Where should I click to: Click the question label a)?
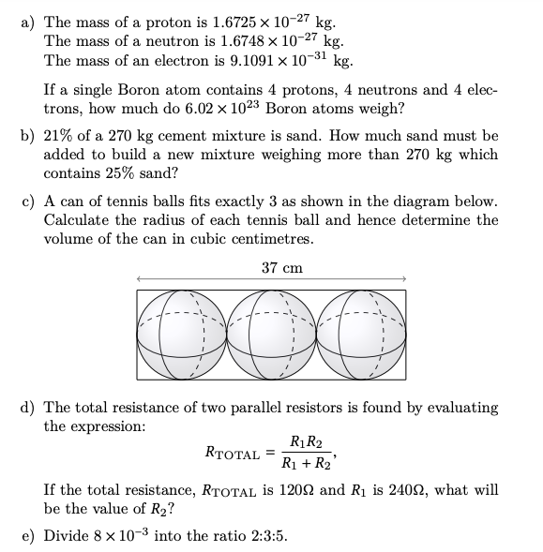click(x=28, y=22)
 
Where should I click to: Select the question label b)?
click(x=28, y=136)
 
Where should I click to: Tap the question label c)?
click(x=28, y=201)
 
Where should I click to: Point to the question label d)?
click(x=28, y=408)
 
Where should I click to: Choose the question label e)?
click(x=28, y=536)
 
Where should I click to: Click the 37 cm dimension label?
click(x=282, y=268)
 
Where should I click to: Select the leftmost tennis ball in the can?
click(x=180, y=333)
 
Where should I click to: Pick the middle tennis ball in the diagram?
click(x=271, y=333)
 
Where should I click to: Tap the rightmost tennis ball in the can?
click(x=362, y=333)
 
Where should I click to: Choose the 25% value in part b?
click(x=120, y=173)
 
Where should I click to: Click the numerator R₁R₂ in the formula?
click(x=307, y=442)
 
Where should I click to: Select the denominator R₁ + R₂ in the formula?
click(x=307, y=463)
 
